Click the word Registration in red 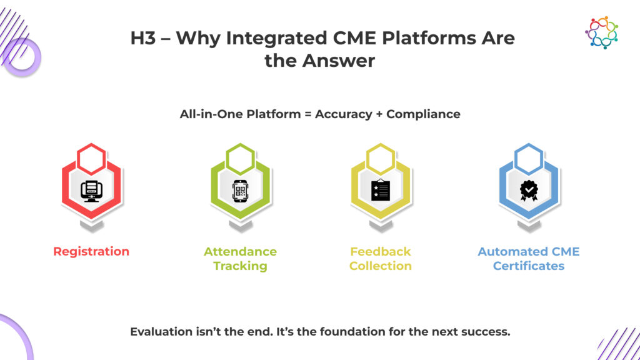click(91, 252)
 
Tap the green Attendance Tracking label click(240, 259)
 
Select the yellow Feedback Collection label click(380, 259)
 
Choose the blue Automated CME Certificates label click(529, 259)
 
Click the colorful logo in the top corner click(601, 32)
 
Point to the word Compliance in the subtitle click(423, 114)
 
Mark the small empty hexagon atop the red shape click(92, 157)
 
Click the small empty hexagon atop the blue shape click(529, 157)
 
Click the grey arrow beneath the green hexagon click(241, 227)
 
